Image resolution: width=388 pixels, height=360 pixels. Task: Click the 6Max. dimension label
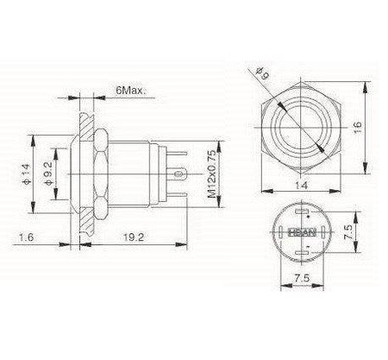pos(131,91)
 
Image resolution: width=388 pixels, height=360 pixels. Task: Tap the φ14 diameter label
pos(26,174)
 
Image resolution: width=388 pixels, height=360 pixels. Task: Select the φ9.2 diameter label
pos(48,174)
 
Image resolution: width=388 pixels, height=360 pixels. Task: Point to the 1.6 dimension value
pos(26,237)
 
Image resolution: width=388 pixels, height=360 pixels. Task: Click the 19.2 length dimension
pos(134,237)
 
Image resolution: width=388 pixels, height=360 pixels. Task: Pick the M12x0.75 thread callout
pos(212,174)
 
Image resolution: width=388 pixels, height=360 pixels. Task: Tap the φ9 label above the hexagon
pos(263,73)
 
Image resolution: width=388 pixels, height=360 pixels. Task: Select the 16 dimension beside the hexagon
pos(357,127)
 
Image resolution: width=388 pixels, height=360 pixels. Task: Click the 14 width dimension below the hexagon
pos(301,185)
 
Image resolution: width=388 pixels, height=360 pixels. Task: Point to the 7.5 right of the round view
pos(347,231)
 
